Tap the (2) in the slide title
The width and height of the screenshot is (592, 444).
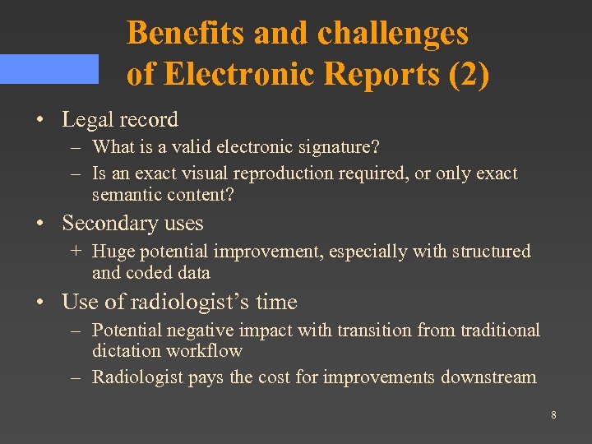pyautogui.click(x=469, y=74)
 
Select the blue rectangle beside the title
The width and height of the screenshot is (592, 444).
pyautogui.click(x=49, y=69)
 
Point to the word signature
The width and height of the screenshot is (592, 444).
pyautogui.click(x=336, y=147)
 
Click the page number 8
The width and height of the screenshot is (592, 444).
pyautogui.click(x=553, y=415)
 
